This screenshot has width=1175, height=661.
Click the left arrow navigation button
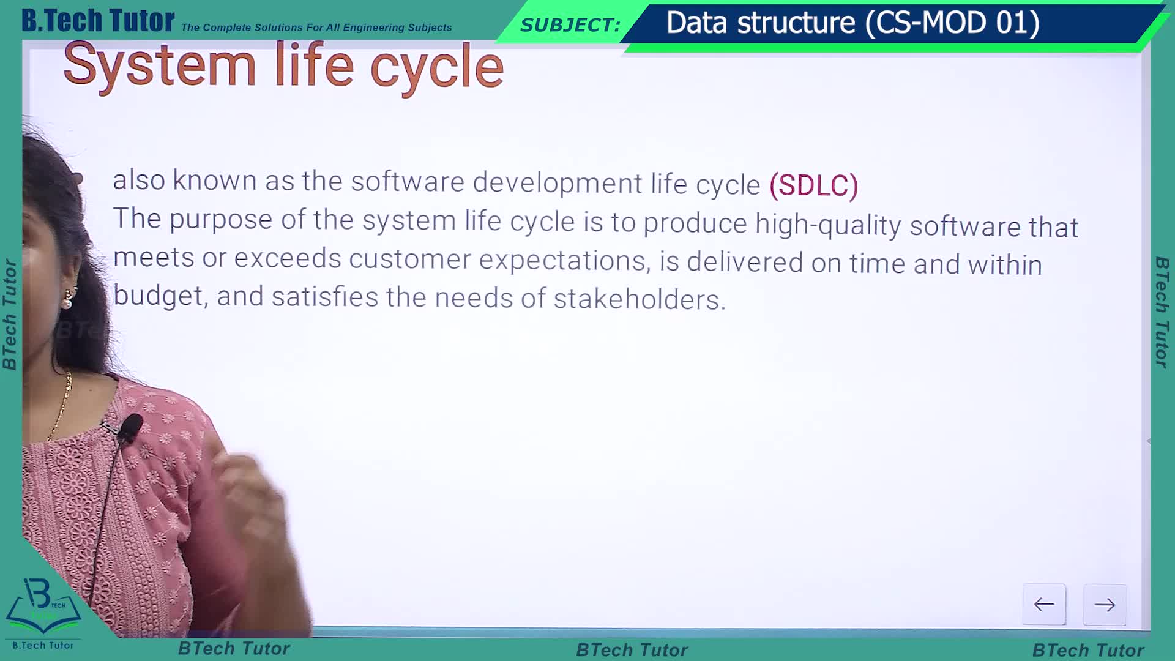coord(1044,605)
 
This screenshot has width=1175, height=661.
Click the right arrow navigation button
coord(1105,605)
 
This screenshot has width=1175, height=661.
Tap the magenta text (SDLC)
coord(814,185)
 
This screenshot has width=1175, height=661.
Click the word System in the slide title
coord(159,66)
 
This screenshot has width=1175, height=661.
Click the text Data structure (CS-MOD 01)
coord(852,23)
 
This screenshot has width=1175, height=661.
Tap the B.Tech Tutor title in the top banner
coord(98,20)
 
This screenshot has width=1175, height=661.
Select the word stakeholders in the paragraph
coord(640,299)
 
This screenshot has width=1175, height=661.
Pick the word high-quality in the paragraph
coord(828,225)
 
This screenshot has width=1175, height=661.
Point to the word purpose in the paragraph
coord(221,220)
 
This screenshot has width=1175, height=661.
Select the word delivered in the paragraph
coord(745,262)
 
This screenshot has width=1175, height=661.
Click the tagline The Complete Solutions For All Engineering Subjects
coord(316,28)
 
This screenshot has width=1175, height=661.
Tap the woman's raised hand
coord(245,490)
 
